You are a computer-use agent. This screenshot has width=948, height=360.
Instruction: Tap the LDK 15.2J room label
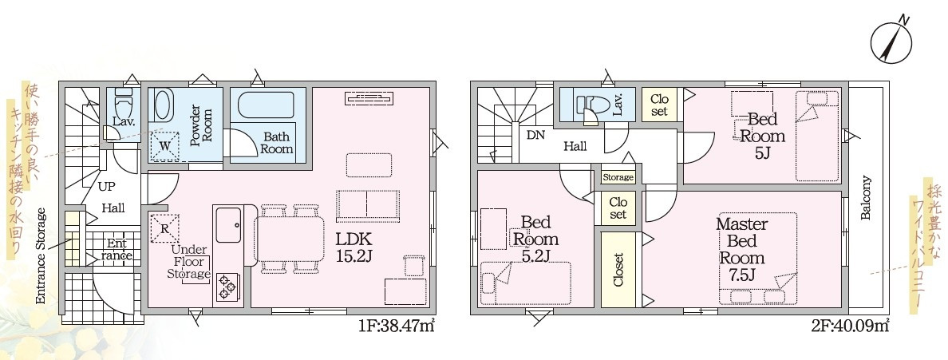tap(355, 247)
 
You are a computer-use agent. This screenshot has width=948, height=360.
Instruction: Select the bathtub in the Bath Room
tap(266, 105)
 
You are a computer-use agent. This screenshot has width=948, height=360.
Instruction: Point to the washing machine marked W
tap(165, 146)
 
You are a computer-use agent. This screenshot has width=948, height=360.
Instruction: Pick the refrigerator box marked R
tap(164, 229)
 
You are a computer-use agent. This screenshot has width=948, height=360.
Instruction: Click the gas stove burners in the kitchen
tap(227, 287)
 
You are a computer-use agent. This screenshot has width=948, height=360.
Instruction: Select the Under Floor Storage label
tap(189, 262)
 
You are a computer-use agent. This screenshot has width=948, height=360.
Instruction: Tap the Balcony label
tap(866, 198)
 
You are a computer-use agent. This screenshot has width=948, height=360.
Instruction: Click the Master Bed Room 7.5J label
tap(742, 249)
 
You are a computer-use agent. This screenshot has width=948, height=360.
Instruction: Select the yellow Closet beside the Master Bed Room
tap(618, 269)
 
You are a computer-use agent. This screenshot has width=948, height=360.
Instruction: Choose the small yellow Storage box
tap(618, 177)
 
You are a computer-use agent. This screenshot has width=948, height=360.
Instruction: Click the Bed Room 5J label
tap(762, 135)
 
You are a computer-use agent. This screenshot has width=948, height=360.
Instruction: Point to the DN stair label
tap(535, 136)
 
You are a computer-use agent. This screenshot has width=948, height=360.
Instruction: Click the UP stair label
tap(108, 186)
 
